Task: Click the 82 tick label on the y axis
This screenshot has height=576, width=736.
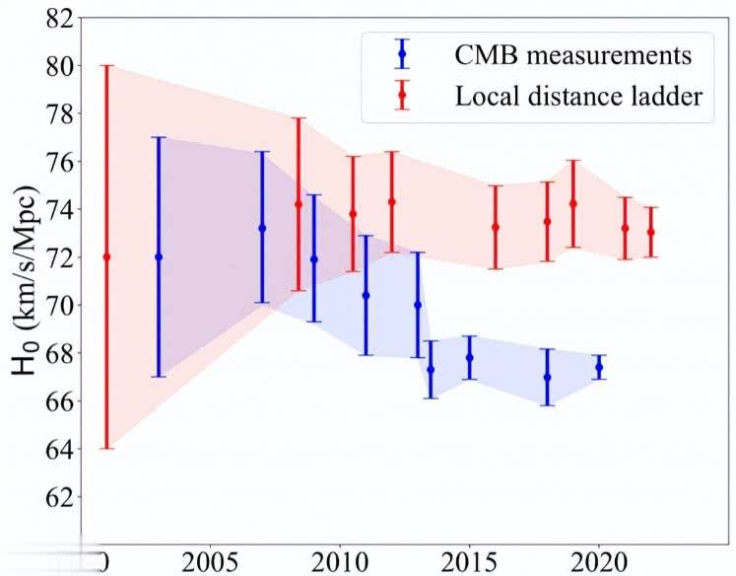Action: click(57, 18)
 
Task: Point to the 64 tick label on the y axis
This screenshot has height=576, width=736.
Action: click(57, 449)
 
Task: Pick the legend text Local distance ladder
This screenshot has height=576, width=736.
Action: click(578, 96)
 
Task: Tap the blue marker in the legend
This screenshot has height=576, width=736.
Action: click(401, 53)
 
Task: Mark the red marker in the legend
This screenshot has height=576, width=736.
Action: click(401, 96)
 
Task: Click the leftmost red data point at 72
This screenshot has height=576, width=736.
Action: click(107, 256)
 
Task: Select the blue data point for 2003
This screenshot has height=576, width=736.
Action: click(159, 256)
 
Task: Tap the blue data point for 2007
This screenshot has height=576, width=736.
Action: click(262, 228)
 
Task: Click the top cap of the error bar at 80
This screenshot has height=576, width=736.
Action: click(107, 66)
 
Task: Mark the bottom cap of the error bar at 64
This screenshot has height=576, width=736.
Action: click(107, 449)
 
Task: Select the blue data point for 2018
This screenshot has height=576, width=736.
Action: click(547, 377)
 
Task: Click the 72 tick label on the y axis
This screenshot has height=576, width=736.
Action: click(57, 257)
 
